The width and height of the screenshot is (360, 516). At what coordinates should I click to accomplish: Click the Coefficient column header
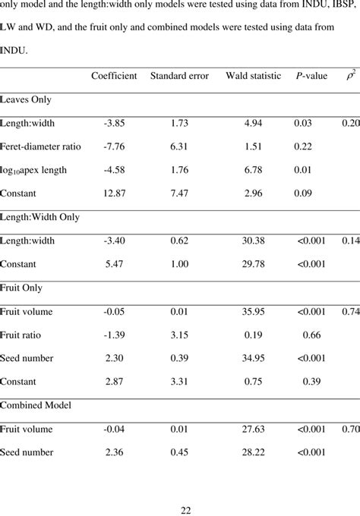click(114, 76)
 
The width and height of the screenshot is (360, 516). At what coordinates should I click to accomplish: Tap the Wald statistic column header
click(253, 76)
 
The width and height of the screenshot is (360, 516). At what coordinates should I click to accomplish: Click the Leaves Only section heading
click(26, 99)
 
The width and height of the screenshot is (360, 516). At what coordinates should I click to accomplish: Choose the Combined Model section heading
click(36, 405)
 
